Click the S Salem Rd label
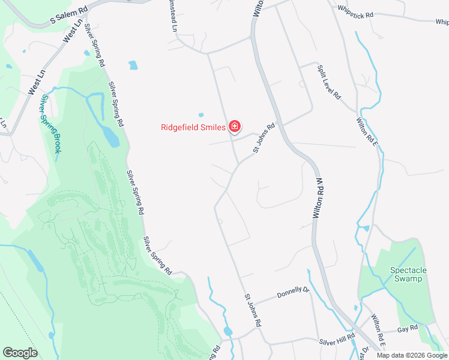[x=68, y=16]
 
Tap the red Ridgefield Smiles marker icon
[x=235, y=127]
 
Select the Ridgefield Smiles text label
[x=193, y=127]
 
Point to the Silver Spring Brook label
[x=50, y=124]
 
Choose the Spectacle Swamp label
[x=408, y=274]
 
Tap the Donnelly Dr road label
[x=292, y=293]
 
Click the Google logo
[x=20, y=353]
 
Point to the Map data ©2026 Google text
[x=412, y=355]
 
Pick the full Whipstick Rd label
[x=355, y=11]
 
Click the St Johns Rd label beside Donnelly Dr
[x=253, y=310]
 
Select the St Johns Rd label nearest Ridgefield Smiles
[x=264, y=138]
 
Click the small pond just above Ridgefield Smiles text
[x=200, y=115]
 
